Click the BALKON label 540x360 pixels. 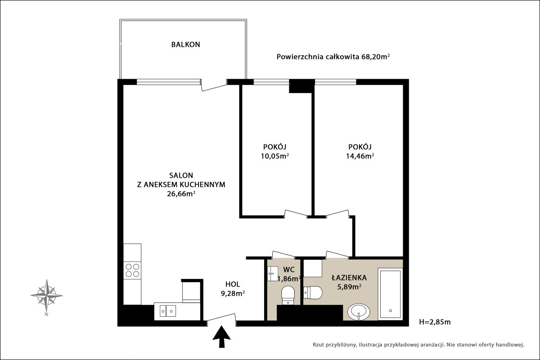pyautogui.click(x=185, y=45)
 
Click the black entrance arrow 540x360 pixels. pyautogui.click(x=221, y=337)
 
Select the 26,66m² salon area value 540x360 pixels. pyautogui.click(x=181, y=193)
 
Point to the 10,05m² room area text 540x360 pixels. pyautogui.click(x=275, y=156)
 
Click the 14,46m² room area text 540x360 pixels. pyautogui.click(x=360, y=156)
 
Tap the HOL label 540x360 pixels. pyautogui.click(x=233, y=284)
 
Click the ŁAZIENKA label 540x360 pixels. pyautogui.click(x=349, y=278)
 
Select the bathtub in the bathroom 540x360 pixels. pyautogui.click(x=390, y=294)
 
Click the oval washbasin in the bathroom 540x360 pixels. pyautogui.click(x=359, y=312)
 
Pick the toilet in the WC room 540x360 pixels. pyautogui.click(x=288, y=295)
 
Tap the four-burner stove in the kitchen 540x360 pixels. pyautogui.click(x=132, y=270)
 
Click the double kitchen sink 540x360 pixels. pyautogui.click(x=168, y=311)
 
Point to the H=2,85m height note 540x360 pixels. pyautogui.click(x=435, y=322)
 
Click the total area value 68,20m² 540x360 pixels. pyautogui.click(x=375, y=57)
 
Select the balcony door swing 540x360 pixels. pyautogui.click(x=214, y=85)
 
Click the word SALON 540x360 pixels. pyautogui.click(x=181, y=175)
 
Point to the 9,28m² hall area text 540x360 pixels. pyautogui.click(x=233, y=293)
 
